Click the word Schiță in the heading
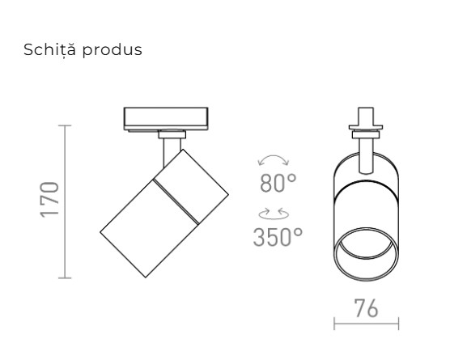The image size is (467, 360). tap(49, 50)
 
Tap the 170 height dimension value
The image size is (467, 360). tap(50, 201)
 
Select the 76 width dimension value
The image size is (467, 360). tap(366, 310)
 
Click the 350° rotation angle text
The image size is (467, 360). tap(278, 237)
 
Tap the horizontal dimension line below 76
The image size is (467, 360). tap(366, 326)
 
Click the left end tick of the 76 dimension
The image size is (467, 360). tap(334, 326)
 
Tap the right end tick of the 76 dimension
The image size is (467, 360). tap(398, 326)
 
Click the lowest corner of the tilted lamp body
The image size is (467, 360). tap(146, 278)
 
